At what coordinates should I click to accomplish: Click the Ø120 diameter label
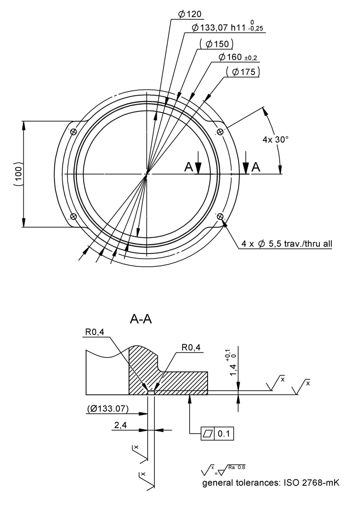pyautogui.click(x=190, y=14)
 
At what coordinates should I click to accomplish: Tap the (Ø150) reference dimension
pyautogui.click(x=216, y=44)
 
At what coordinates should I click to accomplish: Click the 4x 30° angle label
pyautogui.click(x=276, y=140)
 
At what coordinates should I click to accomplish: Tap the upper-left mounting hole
pyautogui.click(x=73, y=132)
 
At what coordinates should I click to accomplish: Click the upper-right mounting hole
pyautogui.click(x=220, y=132)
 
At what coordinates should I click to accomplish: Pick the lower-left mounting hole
pyautogui.click(x=73, y=217)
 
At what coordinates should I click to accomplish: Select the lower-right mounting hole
pyautogui.click(x=220, y=217)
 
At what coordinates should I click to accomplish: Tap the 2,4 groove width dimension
pyautogui.click(x=120, y=425)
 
